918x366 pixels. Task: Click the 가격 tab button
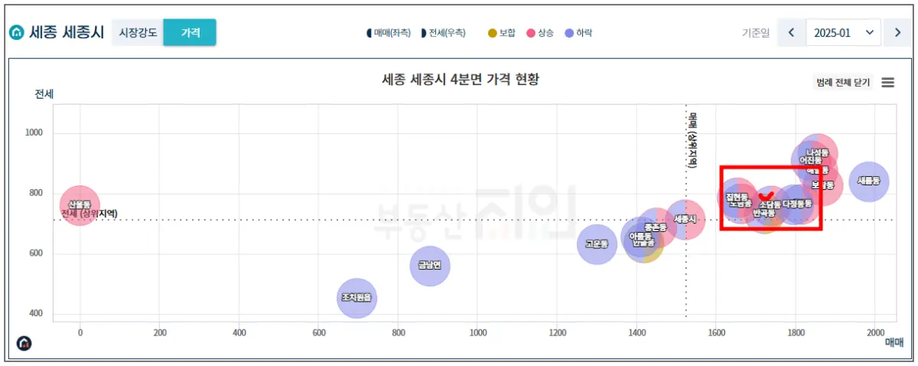pos(190,33)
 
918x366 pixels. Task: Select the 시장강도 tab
pos(138,33)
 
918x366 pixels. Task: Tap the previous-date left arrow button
pos(791,33)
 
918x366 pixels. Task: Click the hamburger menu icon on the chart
pos(888,83)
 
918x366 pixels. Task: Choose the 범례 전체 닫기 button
pos(843,83)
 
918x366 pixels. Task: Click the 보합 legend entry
pos(502,33)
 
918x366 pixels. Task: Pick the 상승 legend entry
pos(540,33)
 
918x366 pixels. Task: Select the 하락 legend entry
pos(578,33)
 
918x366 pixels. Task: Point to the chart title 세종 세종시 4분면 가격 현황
pos(461,80)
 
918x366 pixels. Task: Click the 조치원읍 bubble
pos(356,298)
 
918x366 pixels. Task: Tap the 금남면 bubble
pos(430,266)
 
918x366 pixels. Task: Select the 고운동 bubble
pos(597,245)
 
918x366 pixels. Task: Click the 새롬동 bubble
pos(868,181)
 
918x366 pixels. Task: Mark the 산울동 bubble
pos(80,204)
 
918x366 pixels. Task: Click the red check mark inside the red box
pos(766,197)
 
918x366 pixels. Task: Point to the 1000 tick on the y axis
pos(33,133)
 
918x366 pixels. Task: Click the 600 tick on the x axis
pos(319,332)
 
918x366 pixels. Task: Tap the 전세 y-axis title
pos(44,94)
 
